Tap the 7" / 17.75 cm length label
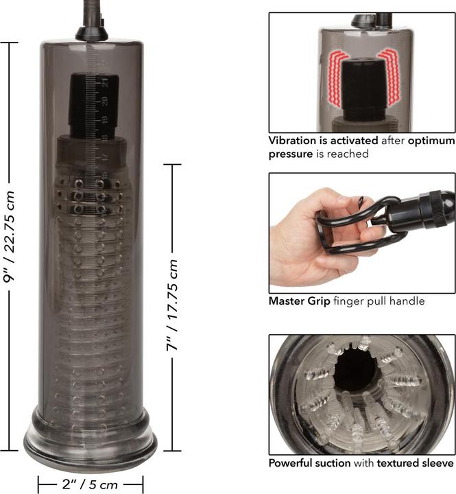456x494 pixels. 172,305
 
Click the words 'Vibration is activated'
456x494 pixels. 322,141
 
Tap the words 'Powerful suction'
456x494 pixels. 309,463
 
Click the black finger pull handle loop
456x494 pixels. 357,226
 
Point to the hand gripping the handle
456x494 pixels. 302,233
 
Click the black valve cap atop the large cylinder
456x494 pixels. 90,31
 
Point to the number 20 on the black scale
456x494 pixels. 105,100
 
